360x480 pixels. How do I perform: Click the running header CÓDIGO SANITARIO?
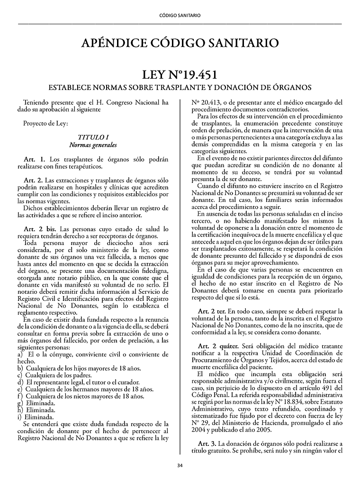click(180, 15)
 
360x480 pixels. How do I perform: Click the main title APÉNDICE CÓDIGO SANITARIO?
click(180, 44)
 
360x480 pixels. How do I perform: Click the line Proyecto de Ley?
click(45, 124)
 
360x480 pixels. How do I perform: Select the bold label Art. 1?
click(34, 159)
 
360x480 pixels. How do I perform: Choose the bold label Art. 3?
click(207, 443)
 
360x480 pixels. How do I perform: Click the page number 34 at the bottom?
click(180, 465)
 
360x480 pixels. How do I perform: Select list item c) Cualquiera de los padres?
click(57, 375)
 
